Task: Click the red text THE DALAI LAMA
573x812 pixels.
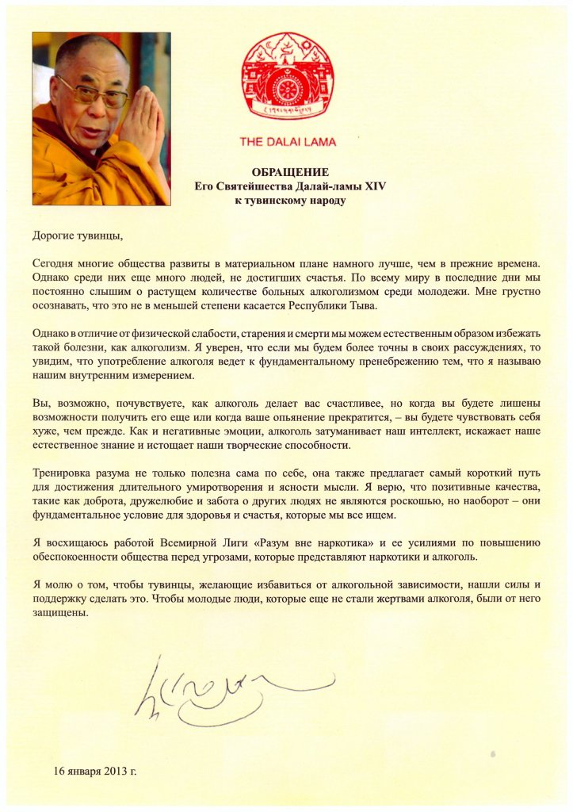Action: [287, 143]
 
